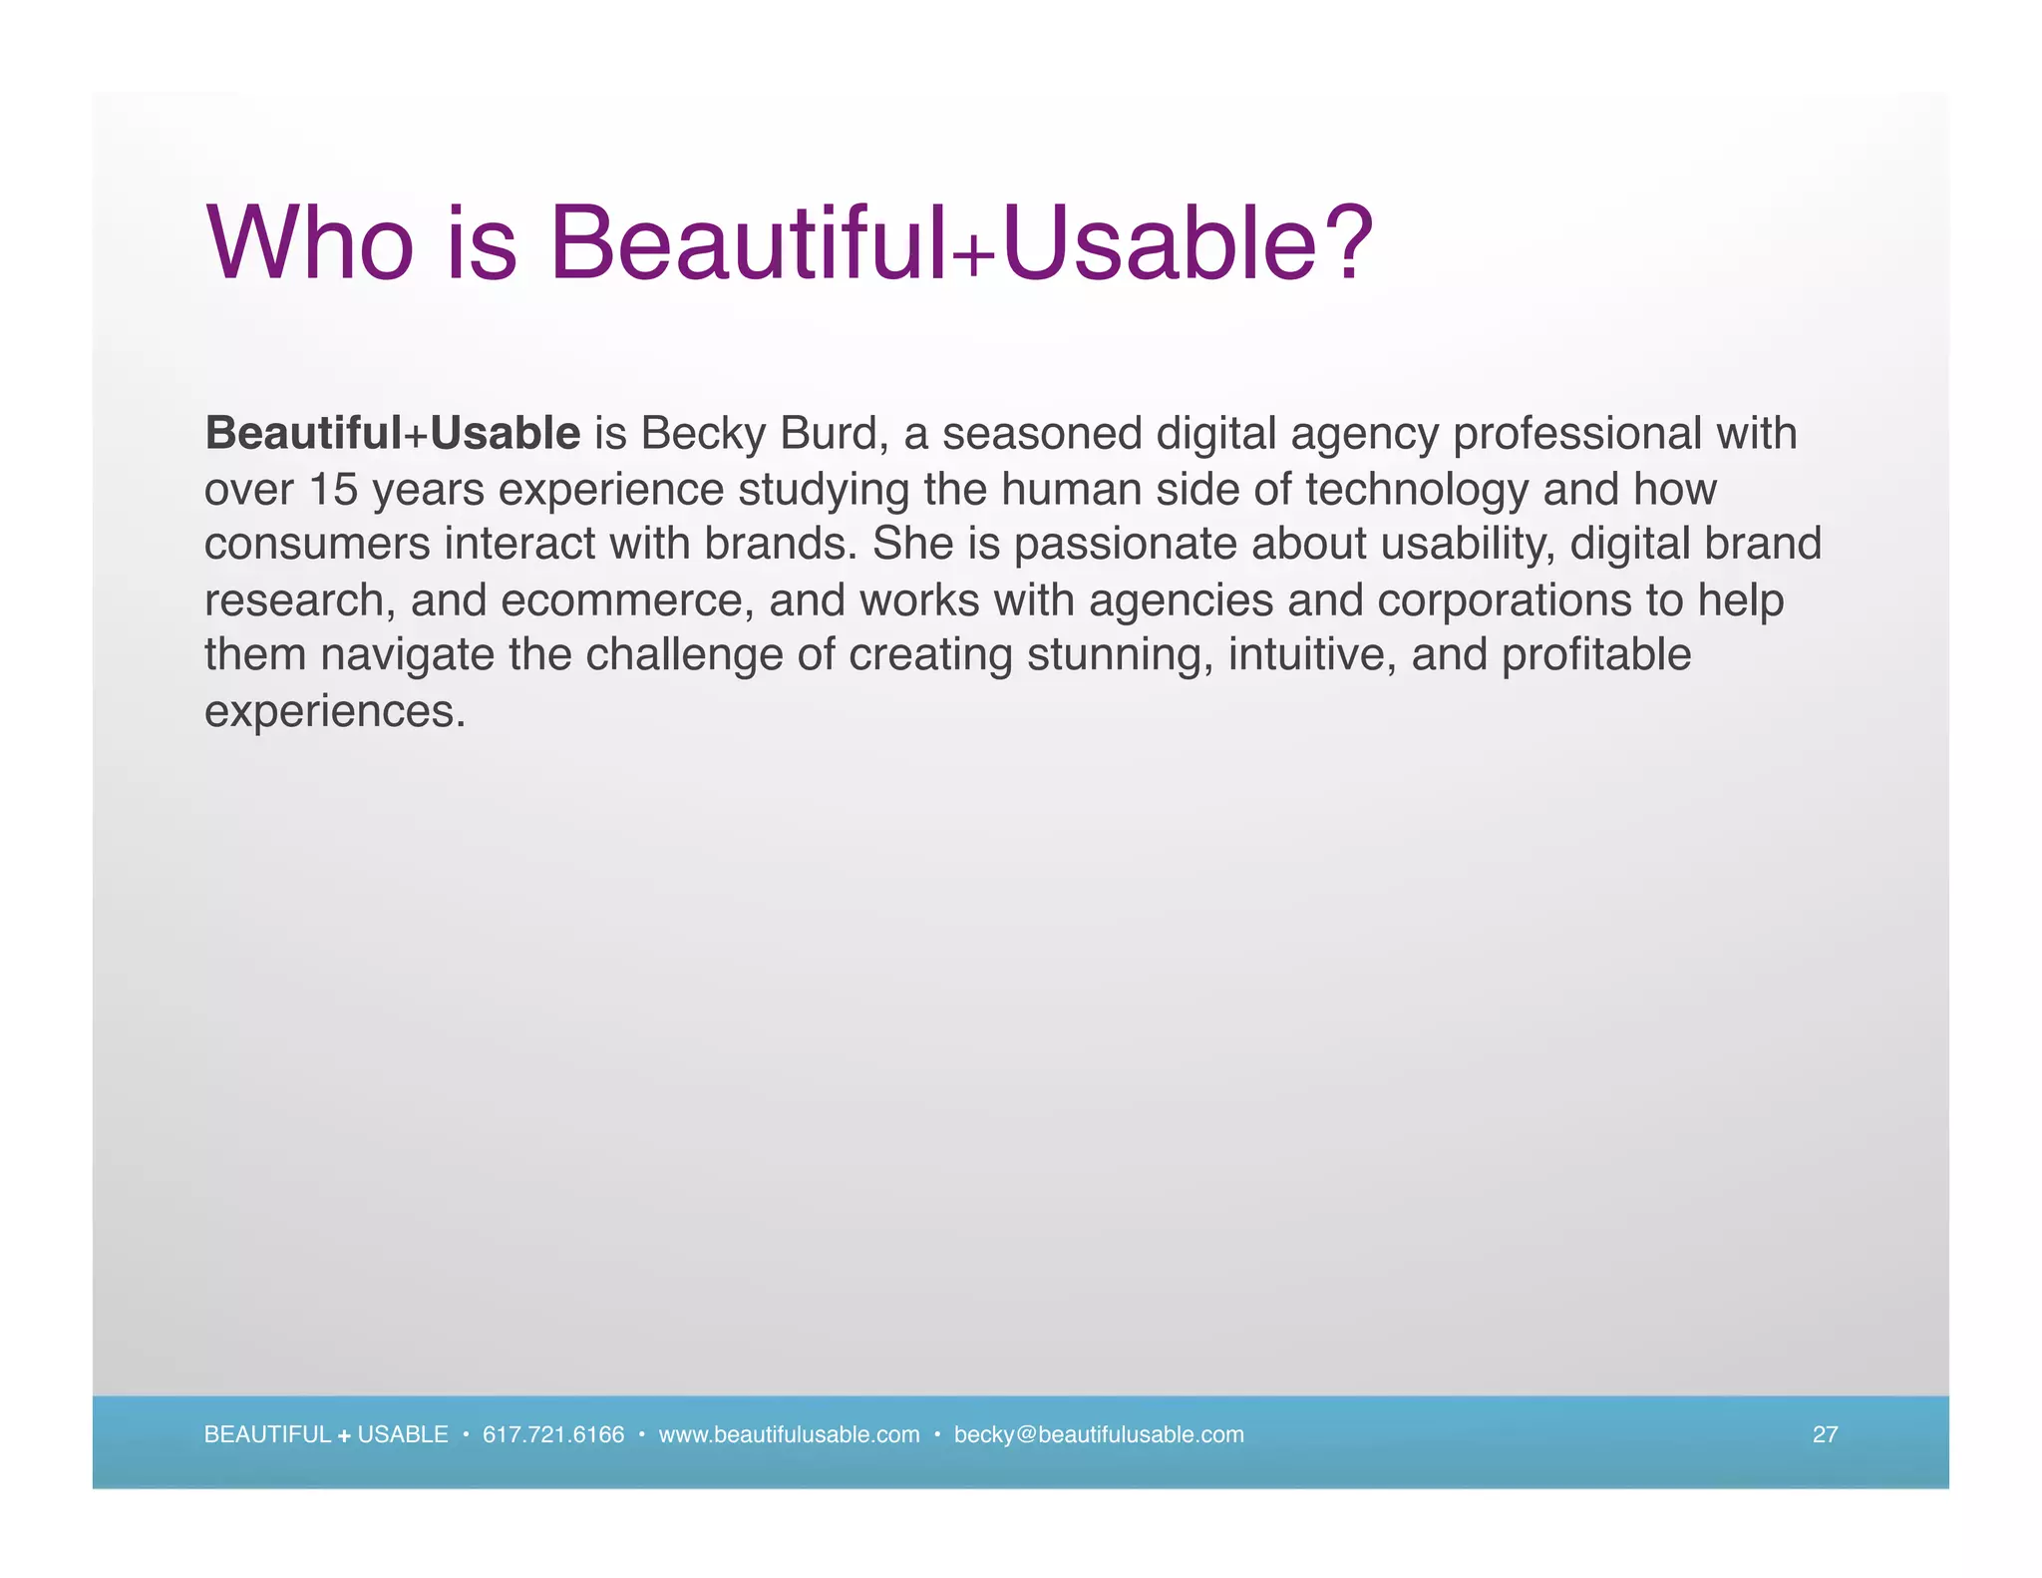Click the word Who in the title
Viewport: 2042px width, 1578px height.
[x=310, y=242]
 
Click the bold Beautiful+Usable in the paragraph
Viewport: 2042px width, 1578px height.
[x=392, y=434]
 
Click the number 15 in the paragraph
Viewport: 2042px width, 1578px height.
[x=333, y=490]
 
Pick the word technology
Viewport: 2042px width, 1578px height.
[x=1417, y=490]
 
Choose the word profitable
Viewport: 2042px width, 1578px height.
[x=1596, y=655]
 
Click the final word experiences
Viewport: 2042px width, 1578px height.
[x=334, y=711]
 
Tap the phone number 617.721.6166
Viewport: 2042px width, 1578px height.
[x=553, y=1434]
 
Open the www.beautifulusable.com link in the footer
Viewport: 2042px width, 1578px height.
[x=789, y=1434]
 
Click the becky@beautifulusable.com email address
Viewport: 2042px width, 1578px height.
[x=1099, y=1434]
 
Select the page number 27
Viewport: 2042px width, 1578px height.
[x=1825, y=1434]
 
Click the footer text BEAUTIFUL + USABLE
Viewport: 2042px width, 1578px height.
[x=326, y=1434]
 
